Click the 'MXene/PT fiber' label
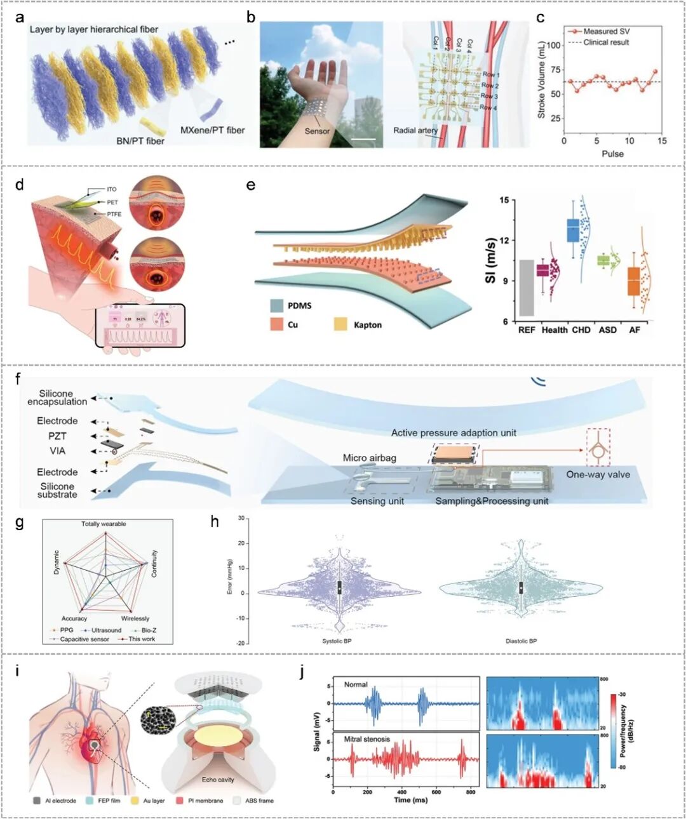click(x=212, y=130)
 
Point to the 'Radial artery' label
click(x=415, y=130)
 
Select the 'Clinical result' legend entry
click(x=606, y=42)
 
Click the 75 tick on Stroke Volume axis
click(x=556, y=70)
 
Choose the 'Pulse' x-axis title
click(x=612, y=154)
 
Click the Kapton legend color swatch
click(x=340, y=324)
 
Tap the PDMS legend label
click(x=299, y=305)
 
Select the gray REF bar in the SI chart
click(x=527, y=288)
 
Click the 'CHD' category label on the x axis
click(x=581, y=330)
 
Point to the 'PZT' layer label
click(x=57, y=436)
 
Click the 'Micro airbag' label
click(x=369, y=458)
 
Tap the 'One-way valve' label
click(x=598, y=474)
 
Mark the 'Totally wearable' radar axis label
click(x=104, y=524)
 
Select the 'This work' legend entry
click(x=141, y=639)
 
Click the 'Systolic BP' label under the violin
click(x=337, y=641)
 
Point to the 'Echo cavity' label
click(x=218, y=779)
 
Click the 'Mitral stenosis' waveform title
click(x=367, y=739)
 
